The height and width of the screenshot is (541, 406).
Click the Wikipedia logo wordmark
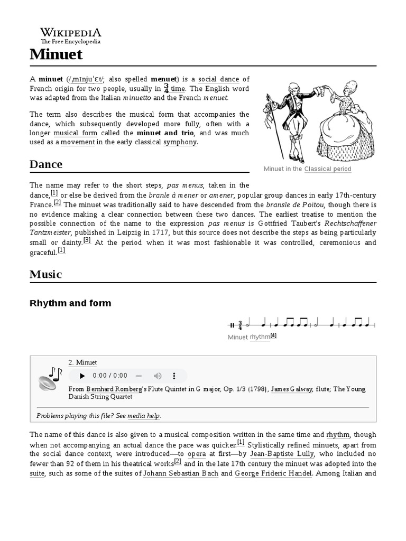(x=71, y=32)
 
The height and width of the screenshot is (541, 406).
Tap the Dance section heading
(x=46, y=164)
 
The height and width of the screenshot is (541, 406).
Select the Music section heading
(x=46, y=274)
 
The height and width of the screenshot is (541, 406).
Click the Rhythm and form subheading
(x=70, y=303)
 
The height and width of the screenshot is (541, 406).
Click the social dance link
(x=219, y=79)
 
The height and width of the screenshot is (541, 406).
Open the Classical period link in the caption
(x=328, y=169)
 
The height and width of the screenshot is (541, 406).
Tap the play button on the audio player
(x=82, y=376)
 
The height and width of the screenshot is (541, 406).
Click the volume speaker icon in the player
(x=158, y=376)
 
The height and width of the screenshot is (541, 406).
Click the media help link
(x=143, y=416)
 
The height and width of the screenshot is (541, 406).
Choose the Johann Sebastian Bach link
(x=180, y=474)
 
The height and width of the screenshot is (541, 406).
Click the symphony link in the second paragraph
(x=180, y=143)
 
